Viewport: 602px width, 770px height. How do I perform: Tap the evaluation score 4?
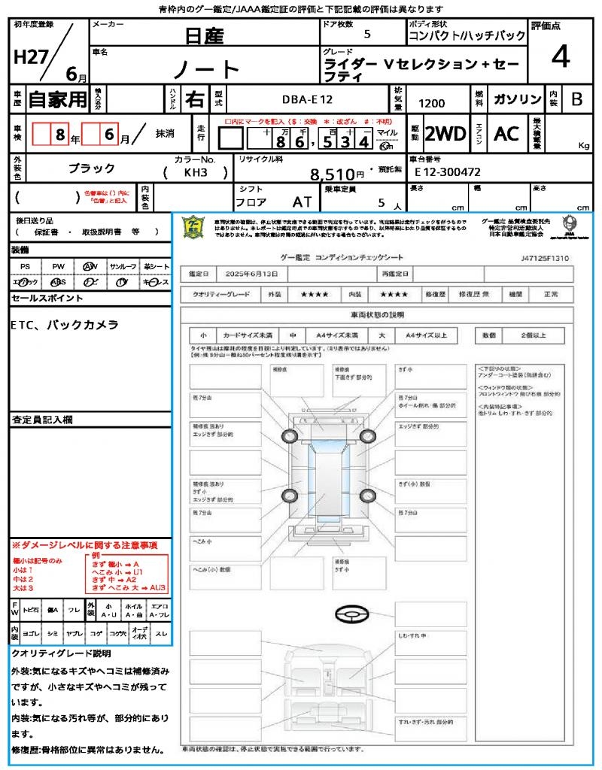click(x=559, y=58)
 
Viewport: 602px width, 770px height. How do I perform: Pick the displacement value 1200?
click(x=431, y=104)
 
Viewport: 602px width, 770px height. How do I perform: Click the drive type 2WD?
click(x=445, y=134)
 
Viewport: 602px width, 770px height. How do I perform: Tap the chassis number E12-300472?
click(x=448, y=172)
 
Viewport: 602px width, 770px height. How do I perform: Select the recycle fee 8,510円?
click(x=342, y=174)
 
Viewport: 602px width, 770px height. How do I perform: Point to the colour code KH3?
click(x=195, y=172)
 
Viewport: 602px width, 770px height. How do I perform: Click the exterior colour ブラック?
click(x=92, y=168)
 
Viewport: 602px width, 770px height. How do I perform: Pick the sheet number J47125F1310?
click(x=544, y=258)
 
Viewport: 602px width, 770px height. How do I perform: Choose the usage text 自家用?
click(x=57, y=99)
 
